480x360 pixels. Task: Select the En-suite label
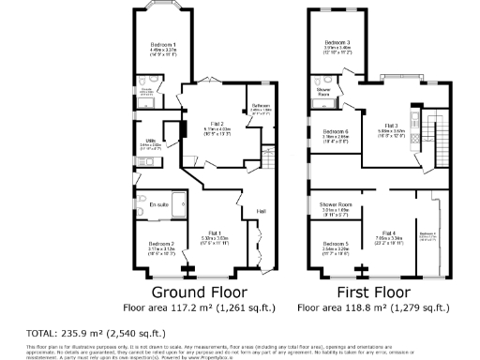pos(157,202)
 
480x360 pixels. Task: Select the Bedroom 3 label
pos(337,43)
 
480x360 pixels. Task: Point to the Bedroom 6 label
pos(336,131)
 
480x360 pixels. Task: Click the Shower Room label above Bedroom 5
pos(336,203)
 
